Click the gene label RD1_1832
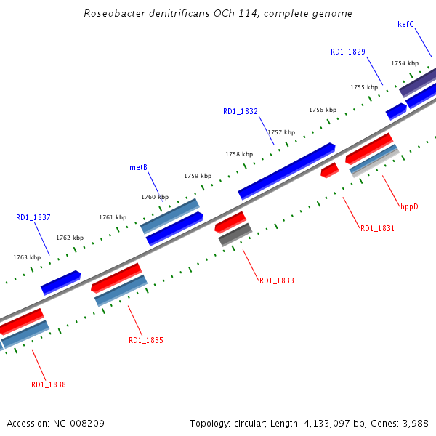[241, 111]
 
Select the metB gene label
[139, 167]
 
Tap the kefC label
[405, 24]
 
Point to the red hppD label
[410, 206]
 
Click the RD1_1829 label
[348, 52]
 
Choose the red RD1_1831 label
[378, 228]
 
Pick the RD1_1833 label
[277, 280]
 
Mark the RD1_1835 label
[146, 340]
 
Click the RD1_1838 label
[49, 384]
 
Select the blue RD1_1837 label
[33, 217]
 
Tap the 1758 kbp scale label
[239, 154]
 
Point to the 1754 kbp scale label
[405, 64]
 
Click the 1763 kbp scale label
[27, 257]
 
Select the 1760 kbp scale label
[155, 197]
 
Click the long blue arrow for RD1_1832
[286, 171]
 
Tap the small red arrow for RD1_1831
[330, 170]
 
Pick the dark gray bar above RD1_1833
[235, 234]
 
